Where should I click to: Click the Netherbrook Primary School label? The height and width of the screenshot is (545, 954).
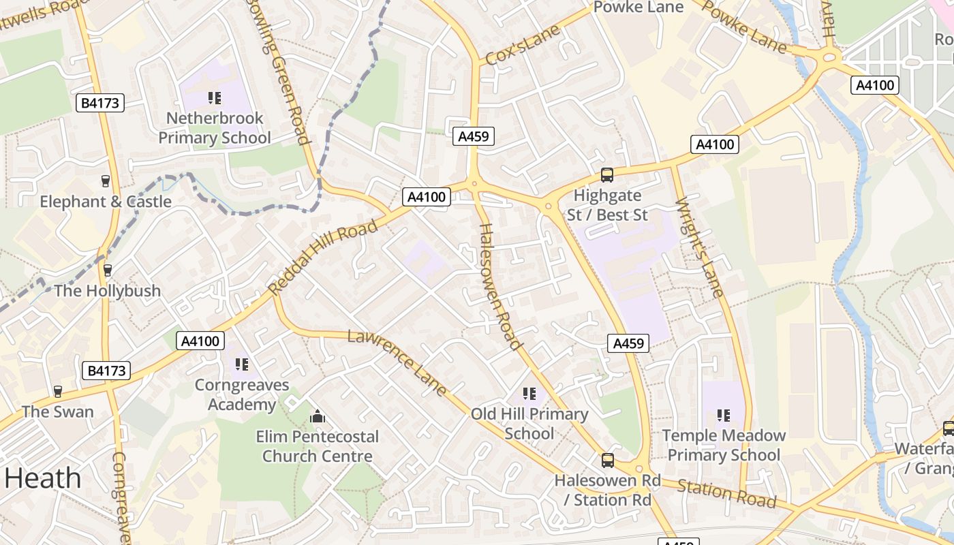(215, 128)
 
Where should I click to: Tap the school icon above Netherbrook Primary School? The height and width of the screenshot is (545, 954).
(215, 98)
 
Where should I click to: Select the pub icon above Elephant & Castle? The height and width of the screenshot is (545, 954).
(106, 181)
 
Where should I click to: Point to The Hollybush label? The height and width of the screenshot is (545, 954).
(107, 291)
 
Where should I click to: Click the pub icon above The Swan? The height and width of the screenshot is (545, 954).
(58, 392)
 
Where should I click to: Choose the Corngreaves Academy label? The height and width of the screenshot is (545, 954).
(241, 395)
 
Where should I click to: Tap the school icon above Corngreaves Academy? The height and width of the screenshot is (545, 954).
(241, 365)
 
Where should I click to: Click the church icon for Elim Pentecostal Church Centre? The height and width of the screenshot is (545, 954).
(317, 416)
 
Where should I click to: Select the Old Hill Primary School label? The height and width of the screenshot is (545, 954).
(529, 424)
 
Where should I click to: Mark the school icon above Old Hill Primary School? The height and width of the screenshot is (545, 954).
(529, 394)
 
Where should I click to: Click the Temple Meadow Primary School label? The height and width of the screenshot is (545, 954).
(724, 445)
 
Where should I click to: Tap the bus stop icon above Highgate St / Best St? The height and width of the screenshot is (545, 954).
(606, 175)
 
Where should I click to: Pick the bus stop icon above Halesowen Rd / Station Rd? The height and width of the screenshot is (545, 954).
(607, 461)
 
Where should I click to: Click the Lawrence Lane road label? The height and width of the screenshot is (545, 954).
(397, 362)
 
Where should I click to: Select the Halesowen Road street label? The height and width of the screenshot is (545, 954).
(501, 286)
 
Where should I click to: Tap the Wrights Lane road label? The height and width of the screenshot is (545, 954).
(699, 248)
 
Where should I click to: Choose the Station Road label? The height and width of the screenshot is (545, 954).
(726, 494)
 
